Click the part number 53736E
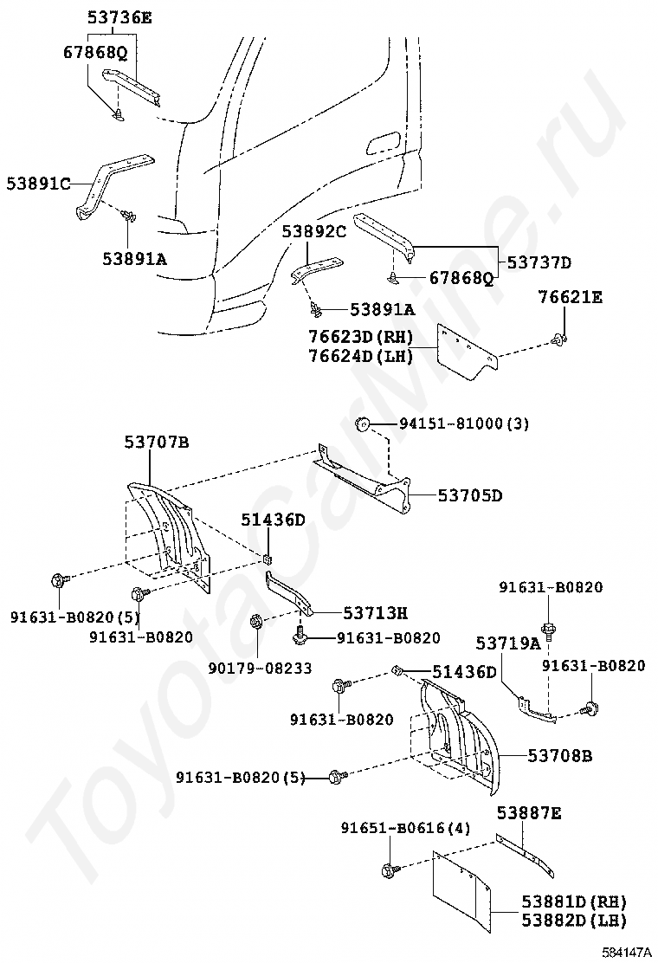point(119,16)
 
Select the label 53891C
point(38,184)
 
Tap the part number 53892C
point(313,232)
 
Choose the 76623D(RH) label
point(360,336)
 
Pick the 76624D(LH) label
point(360,354)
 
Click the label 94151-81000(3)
point(463,423)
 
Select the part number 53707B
point(156,443)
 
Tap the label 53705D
point(469,495)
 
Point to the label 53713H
point(374,613)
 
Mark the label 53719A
point(507,643)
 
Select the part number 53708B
point(559,756)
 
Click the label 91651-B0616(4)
point(404,827)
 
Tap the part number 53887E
point(529,812)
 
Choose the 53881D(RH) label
point(573,902)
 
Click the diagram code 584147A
point(627,953)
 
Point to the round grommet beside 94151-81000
point(364,423)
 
